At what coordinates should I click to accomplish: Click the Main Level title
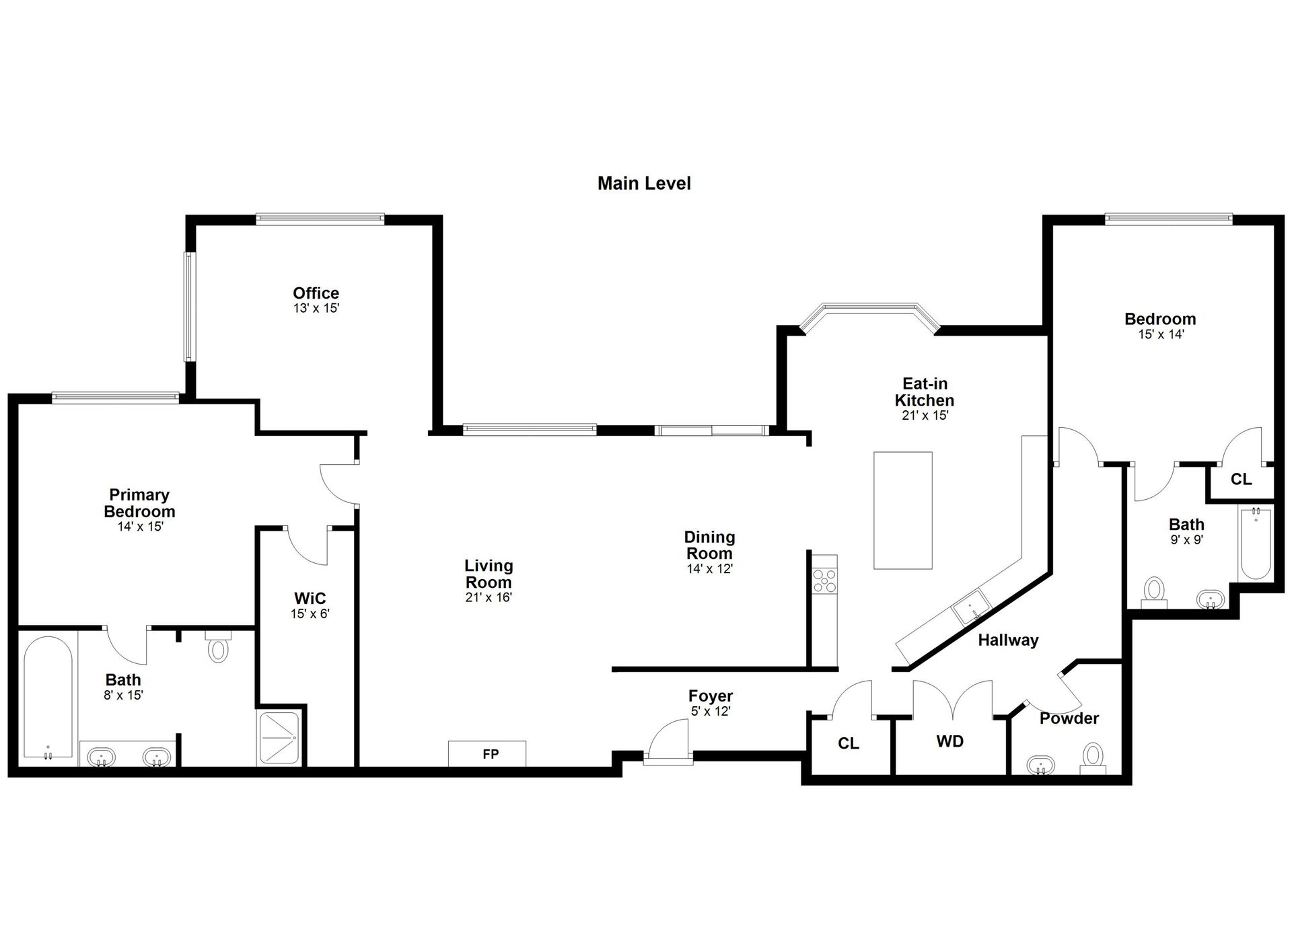[644, 183]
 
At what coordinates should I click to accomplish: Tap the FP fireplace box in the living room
[487, 753]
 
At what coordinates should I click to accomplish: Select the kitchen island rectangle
[903, 511]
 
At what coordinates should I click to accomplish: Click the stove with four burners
[825, 581]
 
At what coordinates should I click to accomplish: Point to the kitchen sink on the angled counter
[970, 607]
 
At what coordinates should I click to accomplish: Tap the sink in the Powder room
[1041, 765]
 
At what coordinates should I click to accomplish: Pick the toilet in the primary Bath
[218, 646]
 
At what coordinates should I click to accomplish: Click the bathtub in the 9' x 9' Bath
[1255, 544]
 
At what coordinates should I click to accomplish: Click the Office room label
[316, 293]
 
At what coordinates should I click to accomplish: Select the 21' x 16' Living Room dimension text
[489, 597]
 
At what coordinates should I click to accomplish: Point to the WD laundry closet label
[949, 741]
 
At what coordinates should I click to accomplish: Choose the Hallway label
[1008, 640]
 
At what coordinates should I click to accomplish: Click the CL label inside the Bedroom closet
[1241, 479]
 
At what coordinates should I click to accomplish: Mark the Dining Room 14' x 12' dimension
[709, 569]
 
